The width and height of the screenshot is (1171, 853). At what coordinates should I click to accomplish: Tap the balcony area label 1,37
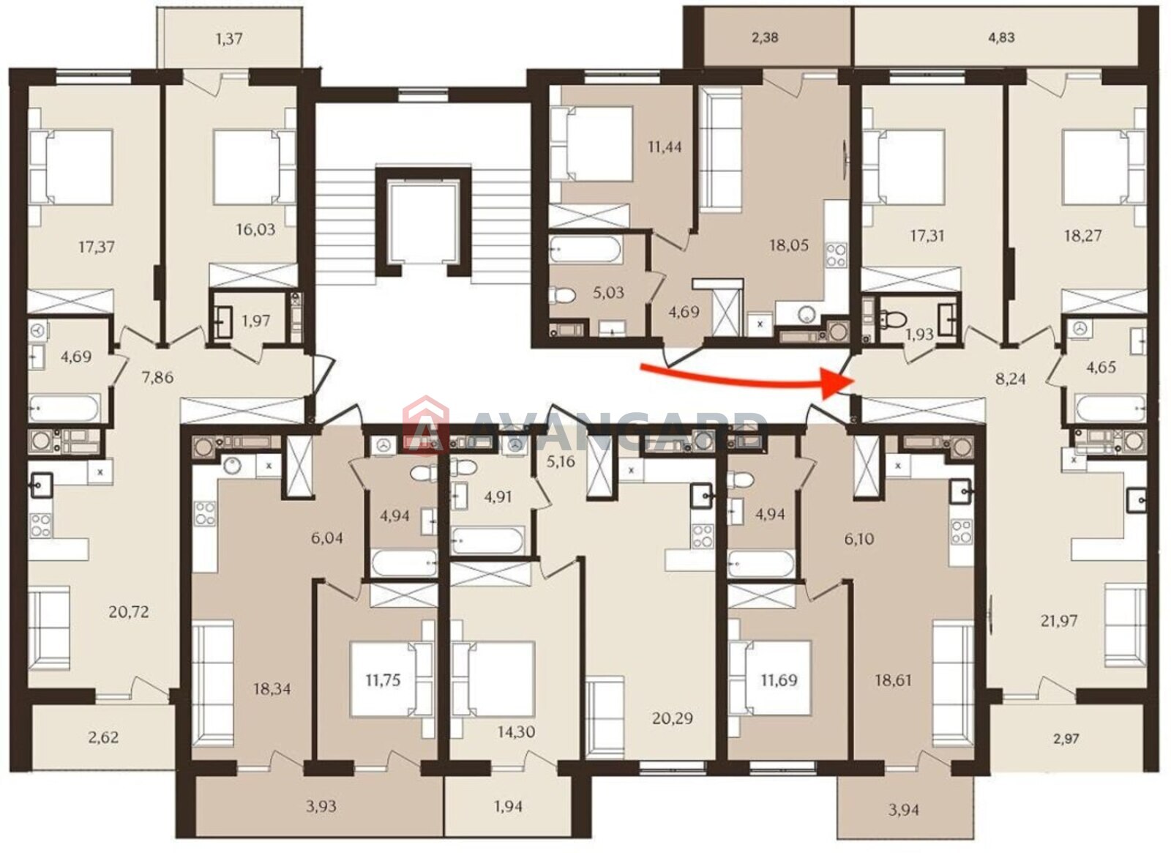pyautogui.click(x=229, y=39)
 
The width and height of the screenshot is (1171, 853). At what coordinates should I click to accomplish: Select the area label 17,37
pyautogui.click(x=96, y=247)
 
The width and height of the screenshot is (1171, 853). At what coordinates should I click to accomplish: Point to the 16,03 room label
pyautogui.click(x=255, y=229)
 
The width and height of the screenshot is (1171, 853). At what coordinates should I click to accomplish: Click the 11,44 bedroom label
pyautogui.click(x=665, y=147)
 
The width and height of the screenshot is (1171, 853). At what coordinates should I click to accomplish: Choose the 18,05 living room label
pyautogui.click(x=789, y=245)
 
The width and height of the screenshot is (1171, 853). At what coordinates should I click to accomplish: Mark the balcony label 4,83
pyautogui.click(x=1001, y=37)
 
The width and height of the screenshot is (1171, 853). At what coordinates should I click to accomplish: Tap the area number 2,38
pyautogui.click(x=765, y=37)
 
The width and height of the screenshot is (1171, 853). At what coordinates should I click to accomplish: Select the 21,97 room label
pyautogui.click(x=1058, y=621)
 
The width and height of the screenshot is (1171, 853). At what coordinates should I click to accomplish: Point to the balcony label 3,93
pyautogui.click(x=321, y=806)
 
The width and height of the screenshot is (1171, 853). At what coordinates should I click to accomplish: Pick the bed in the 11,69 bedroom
pyautogui.click(x=769, y=678)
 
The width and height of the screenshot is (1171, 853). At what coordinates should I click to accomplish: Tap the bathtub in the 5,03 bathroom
pyautogui.click(x=585, y=250)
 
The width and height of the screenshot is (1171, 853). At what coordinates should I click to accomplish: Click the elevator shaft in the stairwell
pyautogui.click(x=424, y=223)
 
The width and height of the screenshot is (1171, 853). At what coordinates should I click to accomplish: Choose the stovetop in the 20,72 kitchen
pyautogui.click(x=41, y=525)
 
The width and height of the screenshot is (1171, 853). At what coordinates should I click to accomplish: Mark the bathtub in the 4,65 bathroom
pyautogui.click(x=1110, y=409)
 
